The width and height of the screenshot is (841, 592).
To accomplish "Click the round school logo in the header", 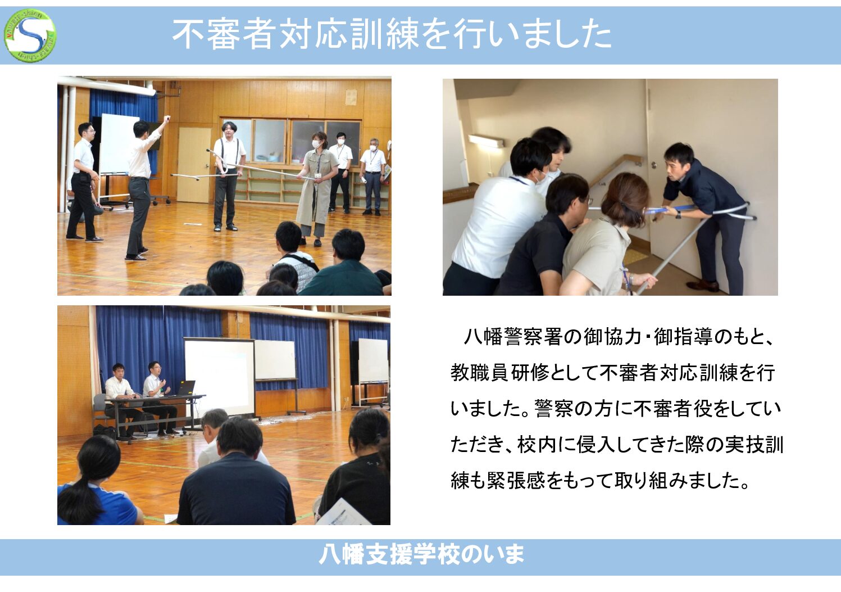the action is [30, 35].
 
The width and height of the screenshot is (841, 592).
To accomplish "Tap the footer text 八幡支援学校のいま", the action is [421, 554].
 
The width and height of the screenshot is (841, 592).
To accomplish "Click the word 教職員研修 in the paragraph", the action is [500, 373].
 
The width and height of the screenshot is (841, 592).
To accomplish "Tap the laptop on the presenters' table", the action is [186, 388].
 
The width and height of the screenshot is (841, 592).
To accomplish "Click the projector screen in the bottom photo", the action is [220, 377].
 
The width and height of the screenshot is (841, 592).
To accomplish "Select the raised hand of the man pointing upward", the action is [166, 119].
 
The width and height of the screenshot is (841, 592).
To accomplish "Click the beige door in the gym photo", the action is [194, 165].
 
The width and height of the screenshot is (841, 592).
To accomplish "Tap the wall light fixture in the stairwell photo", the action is [486, 141].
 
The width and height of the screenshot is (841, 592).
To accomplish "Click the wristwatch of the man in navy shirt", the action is [679, 215].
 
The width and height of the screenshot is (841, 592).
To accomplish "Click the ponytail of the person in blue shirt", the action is [80, 496].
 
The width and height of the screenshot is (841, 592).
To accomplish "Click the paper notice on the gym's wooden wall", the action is [351, 97].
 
